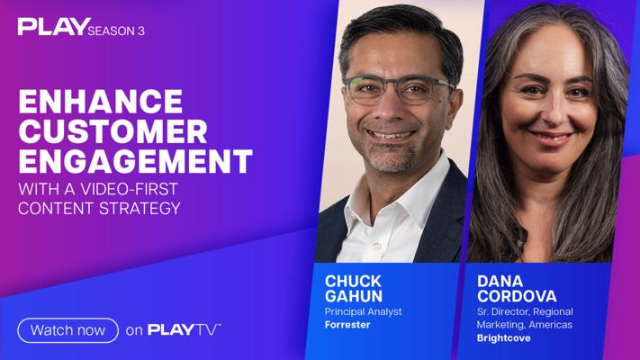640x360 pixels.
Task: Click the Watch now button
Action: [x=68, y=330]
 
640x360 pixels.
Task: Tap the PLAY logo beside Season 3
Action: [x=54, y=26]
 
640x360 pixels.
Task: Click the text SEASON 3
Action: [x=116, y=31]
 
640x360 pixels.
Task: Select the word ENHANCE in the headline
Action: [x=101, y=102]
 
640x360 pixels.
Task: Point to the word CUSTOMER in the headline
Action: [x=113, y=131]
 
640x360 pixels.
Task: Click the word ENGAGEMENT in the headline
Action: [x=136, y=161]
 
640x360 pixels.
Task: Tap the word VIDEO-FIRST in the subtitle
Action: [x=129, y=189]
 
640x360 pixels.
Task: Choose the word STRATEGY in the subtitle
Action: [x=140, y=209]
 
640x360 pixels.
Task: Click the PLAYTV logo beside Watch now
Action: [x=185, y=329]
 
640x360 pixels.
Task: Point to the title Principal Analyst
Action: [x=364, y=311]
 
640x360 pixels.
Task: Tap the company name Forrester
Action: [x=347, y=325]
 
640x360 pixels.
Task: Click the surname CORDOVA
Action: [x=517, y=296]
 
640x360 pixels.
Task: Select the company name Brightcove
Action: [x=504, y=338]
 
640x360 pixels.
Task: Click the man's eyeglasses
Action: [x=398, y=89]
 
